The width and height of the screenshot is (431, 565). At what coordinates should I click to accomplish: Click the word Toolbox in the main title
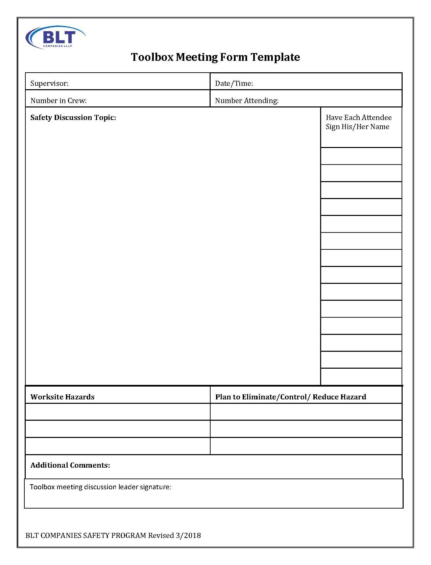tap(152, 57)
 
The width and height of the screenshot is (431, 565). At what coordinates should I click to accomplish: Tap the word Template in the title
tap(275, 57)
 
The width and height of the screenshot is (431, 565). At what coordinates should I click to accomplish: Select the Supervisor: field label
tap(49, 83)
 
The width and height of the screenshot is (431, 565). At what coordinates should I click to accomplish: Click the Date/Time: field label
tap(234, 83)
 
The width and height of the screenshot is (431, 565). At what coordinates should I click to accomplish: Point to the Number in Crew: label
tap(58, 101)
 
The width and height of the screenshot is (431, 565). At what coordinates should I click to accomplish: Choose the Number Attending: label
tap(247, 101)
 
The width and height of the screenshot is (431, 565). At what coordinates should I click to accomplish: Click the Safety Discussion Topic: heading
tap(73, 118)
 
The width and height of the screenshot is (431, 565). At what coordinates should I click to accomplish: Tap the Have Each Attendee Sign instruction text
tap(358, 122)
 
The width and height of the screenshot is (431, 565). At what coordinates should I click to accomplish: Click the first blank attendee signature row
tap(361, 156)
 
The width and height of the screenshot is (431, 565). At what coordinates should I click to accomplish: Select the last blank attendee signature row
tap(361, 377)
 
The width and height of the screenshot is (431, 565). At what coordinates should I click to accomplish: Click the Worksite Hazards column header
tap(63, 397)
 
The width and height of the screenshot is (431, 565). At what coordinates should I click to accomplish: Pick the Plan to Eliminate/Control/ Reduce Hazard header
tap(290, 397)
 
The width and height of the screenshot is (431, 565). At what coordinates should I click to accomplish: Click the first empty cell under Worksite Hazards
tap(118, 412)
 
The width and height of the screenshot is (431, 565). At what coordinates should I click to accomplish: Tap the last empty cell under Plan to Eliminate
tap(306, 446)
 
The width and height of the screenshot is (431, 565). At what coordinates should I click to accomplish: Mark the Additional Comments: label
tap(70, 465)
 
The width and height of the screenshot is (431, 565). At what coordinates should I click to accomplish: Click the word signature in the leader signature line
tap(155, 487)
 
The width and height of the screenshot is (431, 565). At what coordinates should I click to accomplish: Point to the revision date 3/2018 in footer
tap(188, 536)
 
